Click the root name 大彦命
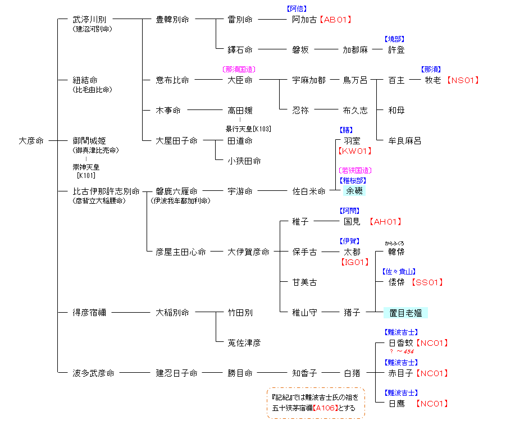[x=31, y=141]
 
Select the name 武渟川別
[x=89, y=19]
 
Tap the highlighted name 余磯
[x=354, y=191]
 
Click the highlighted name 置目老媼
[x=405, y=313]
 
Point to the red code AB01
[x=335, y=19]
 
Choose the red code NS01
[x=463, y=80]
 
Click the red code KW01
[x=355, y=150]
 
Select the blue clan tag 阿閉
[x=349, y=211]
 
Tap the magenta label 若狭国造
[x=355, y=170]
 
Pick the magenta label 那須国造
[x=239, y=69]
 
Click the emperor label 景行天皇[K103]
[x=248, y=129]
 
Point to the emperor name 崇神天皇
[x=86, y=167]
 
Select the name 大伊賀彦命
[x=248, y=252]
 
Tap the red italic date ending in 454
[x=402, y=351]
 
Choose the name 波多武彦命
[x=93, y=373]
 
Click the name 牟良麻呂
[x=405, y=141]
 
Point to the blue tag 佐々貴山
[x=399, y=271]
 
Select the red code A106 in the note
[x=325, y=408]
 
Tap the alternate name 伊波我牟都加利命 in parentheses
[x=180, y=201]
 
